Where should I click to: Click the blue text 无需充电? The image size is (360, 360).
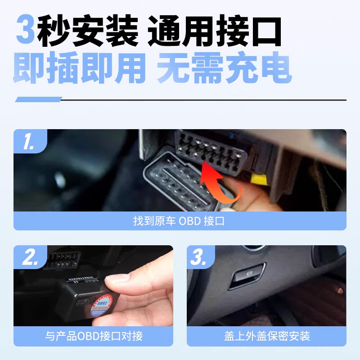click(x=224, y=68)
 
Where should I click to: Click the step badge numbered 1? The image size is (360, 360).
click(x=29, y=141)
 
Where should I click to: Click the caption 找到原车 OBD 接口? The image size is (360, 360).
click(x=180, y=221)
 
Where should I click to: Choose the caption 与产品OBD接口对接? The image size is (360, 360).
click(x=93, y=336)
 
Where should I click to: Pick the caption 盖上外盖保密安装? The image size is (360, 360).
click(x=266, y=336)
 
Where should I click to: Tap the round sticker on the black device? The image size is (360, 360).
click(x=101, y=306)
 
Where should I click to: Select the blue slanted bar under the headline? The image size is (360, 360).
click(x=38, y=99)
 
